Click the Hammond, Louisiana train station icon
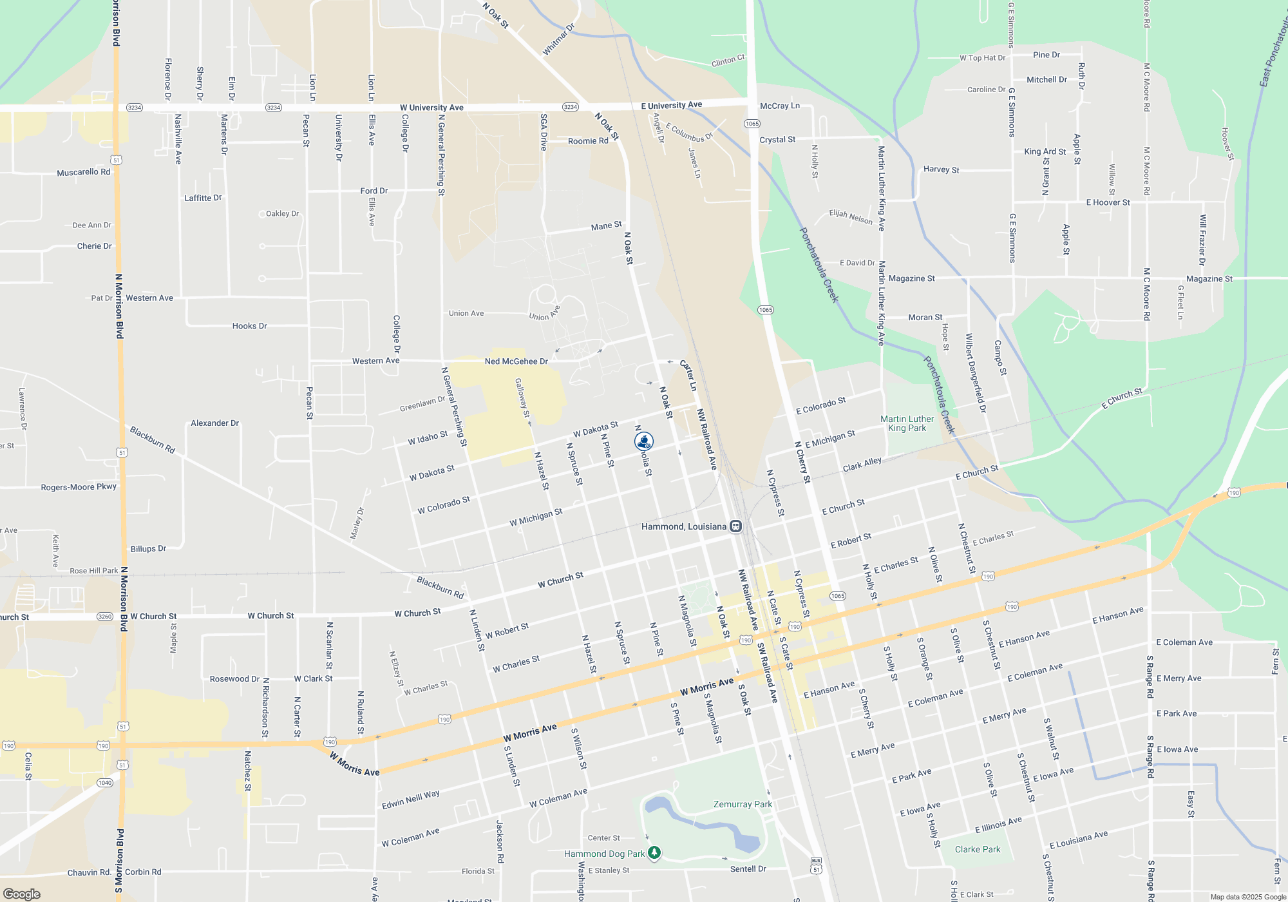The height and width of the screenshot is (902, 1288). (x=735, y=526)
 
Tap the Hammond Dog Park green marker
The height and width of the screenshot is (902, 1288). (x=654, y=853)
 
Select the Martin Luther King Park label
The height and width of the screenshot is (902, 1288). (x=907, y=423)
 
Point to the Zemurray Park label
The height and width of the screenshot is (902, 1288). (x=743, y=804)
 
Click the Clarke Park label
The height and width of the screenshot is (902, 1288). (x=978, y=849)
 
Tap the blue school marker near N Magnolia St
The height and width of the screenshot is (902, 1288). (x=644, y=441)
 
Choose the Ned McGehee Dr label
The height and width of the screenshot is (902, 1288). (x=516, y=361)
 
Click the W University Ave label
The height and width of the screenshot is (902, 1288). (x=431, y=108)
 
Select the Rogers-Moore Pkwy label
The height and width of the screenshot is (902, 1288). (x=79, y=487)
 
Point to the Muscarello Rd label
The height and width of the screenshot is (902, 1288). (x=83, y=172)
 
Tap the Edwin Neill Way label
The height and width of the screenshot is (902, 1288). (x=411, y=800)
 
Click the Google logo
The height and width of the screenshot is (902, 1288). (x=22, y=894)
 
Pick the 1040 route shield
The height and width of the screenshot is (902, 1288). (x=105, y=783)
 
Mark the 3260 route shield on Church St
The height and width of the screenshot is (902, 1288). (x=105, y=617)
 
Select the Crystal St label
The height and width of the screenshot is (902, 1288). (x=777, y=139)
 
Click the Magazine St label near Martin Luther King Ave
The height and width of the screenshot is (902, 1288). (x=911, y=278)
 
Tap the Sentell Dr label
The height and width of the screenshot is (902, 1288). (x=748, y=868)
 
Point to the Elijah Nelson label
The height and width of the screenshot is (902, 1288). (x=851, y=217)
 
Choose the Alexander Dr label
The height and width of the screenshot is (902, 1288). (x=214, y=423)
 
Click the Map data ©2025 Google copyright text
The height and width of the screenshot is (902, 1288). (x=1247, y=897)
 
